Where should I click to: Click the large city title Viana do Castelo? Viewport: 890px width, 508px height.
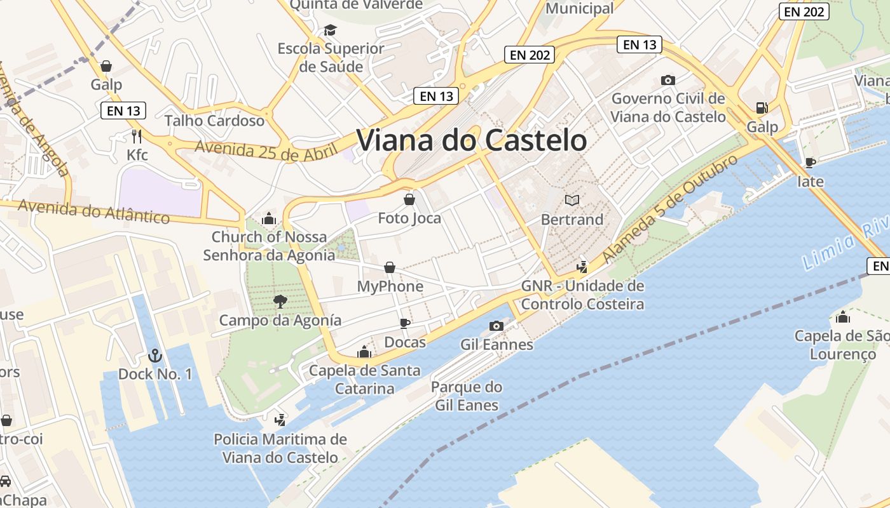(x=472, y=140)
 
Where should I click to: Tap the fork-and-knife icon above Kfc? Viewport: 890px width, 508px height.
(x=136, y=136)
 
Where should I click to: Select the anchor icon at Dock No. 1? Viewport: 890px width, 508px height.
(x=154, y=356)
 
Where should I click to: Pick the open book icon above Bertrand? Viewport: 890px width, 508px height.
(x=572, y=201)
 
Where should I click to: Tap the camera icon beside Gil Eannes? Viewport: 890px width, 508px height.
(x=496, y=326)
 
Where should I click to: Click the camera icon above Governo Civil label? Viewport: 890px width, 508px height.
(x=667, y=80)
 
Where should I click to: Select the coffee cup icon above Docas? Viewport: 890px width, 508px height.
(x=404, y=324)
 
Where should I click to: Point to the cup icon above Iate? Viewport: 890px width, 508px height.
(x=810, y=163)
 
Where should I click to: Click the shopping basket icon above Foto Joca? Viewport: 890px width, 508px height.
(x=409, y=199)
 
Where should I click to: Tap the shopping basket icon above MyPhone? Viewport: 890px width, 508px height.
(x=390, y=268)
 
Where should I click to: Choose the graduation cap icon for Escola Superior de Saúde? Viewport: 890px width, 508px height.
(x=330, y=30)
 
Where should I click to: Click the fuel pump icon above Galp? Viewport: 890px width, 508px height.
(x=761, y=108)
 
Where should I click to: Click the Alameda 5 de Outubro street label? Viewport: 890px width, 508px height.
(x=670, y=208)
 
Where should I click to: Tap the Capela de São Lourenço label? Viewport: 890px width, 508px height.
(x=842, y=345)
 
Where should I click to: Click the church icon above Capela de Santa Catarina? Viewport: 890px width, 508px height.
(x=364, y=351)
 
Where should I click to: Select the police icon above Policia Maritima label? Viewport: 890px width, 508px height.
(x=280, y=419)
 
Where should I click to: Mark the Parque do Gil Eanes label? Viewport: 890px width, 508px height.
(x=467, y=396)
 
